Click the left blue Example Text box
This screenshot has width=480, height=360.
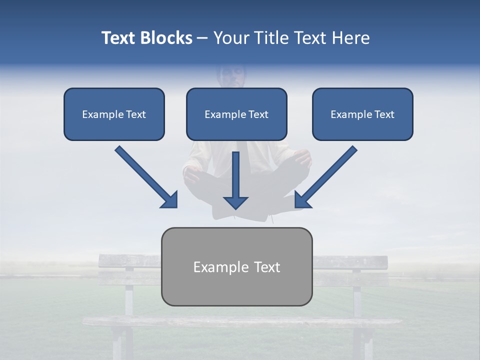pos(114,114)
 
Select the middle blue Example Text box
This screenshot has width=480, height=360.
pos(236,114)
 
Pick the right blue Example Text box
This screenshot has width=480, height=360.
pos(362,114)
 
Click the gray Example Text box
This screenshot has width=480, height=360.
pos(236,266)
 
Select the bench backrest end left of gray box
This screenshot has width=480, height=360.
pos(129,261)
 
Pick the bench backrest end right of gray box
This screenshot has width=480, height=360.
pos(350,261)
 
